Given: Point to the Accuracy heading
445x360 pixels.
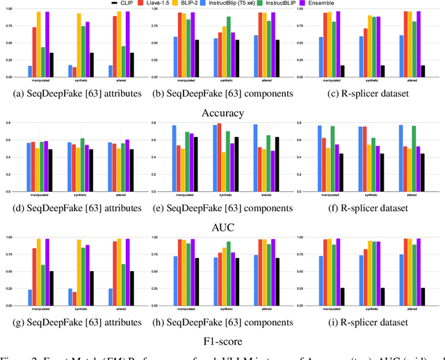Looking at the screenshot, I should [x=222, y=112].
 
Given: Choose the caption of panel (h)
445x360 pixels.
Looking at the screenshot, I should [x=222, y=322].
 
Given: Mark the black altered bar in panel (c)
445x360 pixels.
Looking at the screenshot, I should [x=423, y=71].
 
